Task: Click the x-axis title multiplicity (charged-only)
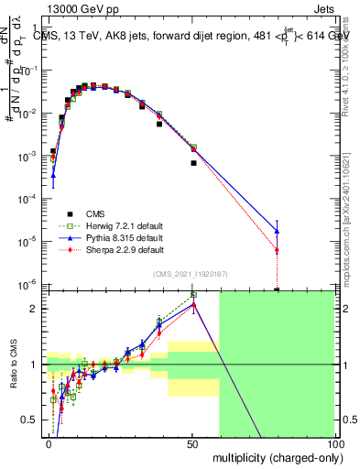point(272,456)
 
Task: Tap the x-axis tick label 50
point(191,443)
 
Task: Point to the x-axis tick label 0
point(48,443)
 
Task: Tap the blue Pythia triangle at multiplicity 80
point(277,231)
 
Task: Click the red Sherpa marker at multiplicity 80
point(277,250)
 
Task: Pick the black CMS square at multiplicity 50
point(193,163)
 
